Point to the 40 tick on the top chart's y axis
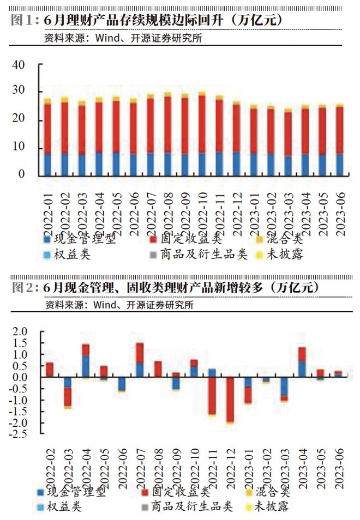(x=19, y=64)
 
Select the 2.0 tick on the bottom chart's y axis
(x=19, y=332)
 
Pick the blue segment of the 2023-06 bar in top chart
(x=339, y=165)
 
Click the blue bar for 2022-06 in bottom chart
(x=121, y=384)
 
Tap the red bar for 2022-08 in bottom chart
(x=158, y=369)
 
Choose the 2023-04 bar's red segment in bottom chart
(x=302, y=354)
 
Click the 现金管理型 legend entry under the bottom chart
(x=79, y=492)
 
